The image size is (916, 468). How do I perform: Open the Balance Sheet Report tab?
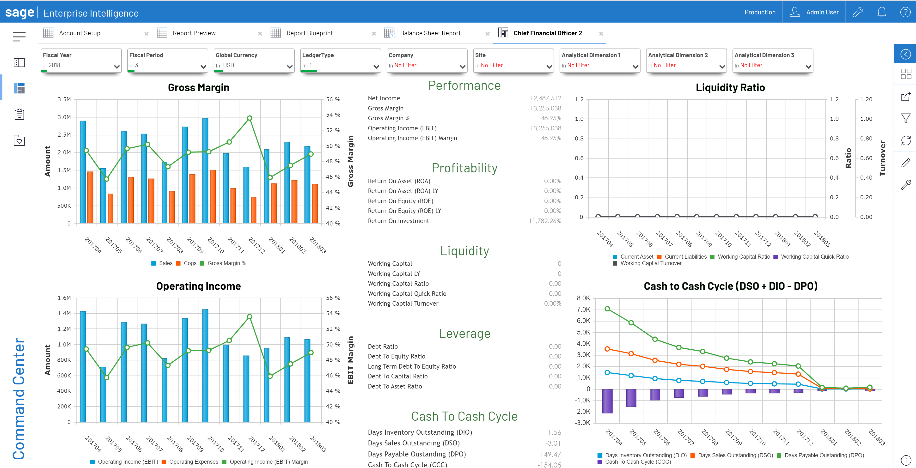click(x=430, y=33)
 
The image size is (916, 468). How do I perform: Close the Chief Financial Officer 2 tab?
click(x=601, y=33)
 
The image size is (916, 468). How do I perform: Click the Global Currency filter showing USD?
click(x=254, y=61)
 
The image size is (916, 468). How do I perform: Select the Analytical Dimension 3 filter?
click(x=772, y=61)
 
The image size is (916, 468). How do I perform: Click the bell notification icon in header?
click(x=881, y=12)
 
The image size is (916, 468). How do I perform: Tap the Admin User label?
click(x=822, y=12)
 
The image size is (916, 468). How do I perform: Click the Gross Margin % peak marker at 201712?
click(x=250, y=118)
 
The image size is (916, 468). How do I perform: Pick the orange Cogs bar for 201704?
click(x=90, y=197)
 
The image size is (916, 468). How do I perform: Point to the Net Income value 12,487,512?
click(x=545, y=98)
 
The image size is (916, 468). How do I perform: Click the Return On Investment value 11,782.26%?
click(x=545, y=221)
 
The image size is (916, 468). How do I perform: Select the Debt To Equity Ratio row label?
click(x=397, y=356)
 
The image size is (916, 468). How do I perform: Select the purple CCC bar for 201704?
click(x=607, y=401)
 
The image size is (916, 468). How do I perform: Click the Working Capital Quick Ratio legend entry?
click(x=814, y=257)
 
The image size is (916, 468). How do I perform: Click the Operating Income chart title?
click(x=198, y=286)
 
